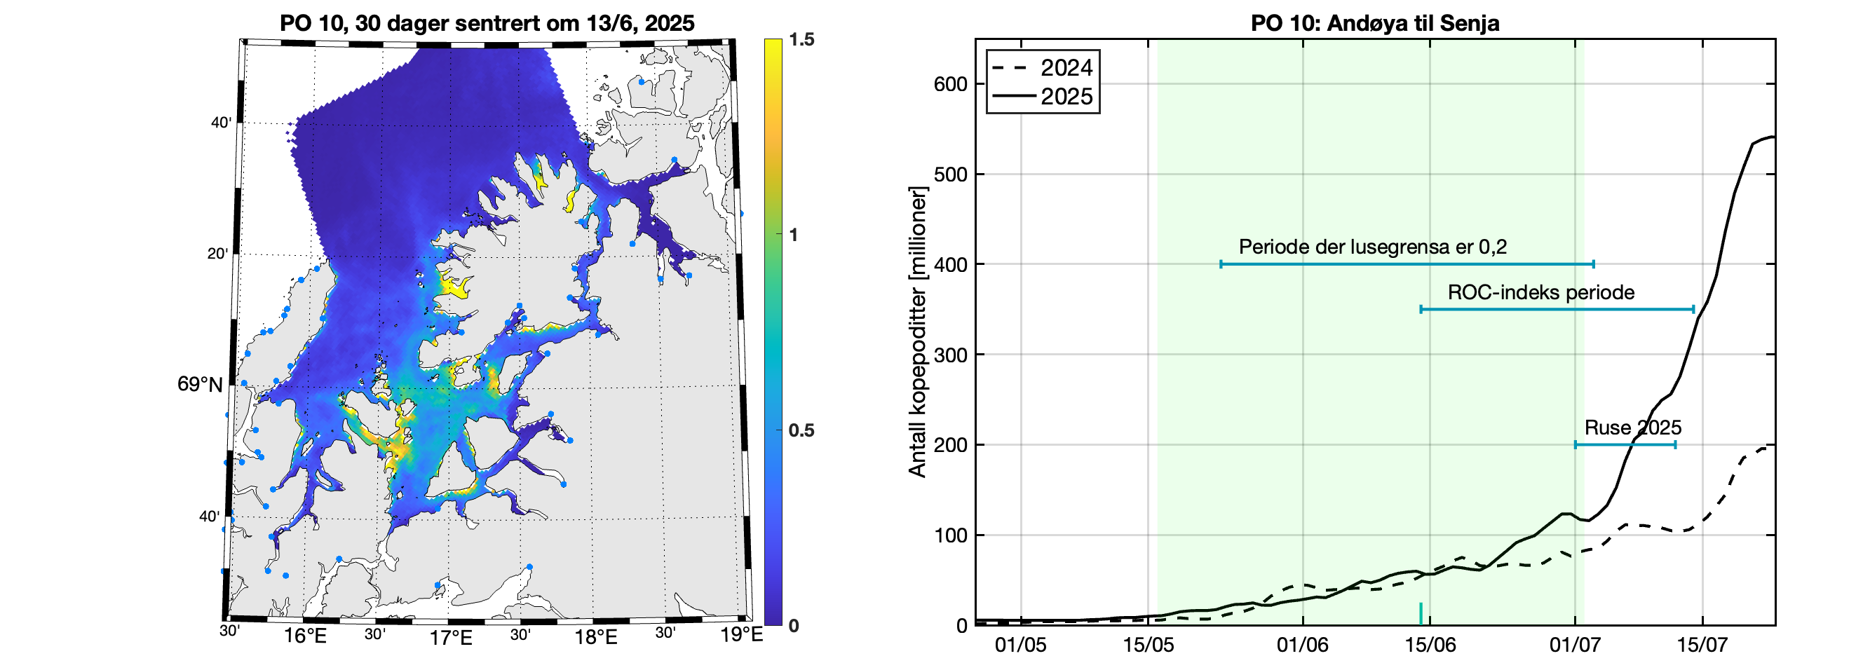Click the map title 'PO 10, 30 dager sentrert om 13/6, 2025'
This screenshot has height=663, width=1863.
pos(487,23)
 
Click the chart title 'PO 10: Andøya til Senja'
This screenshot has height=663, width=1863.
pos(1375,23)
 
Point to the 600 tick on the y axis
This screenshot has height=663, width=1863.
pos(950,85)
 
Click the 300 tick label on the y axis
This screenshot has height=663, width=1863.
pos(950,355)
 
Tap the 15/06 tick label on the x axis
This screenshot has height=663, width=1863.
pos(1430,645)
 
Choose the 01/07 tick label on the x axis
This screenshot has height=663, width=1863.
pos(1574,645)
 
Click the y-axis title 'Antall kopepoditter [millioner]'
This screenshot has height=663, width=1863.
pos(917,332)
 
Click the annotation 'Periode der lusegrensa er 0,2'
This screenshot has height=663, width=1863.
pos(1373,247)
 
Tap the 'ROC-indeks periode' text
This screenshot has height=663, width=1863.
pos(1540,293)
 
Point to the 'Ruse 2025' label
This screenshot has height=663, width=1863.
pos(1632,428)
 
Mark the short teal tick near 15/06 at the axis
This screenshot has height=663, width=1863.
pos(1421,614)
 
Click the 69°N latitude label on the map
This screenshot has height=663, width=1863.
pos(200,385)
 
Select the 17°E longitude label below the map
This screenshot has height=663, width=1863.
pos(451,638)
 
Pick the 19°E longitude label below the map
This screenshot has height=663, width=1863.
pos(740,636)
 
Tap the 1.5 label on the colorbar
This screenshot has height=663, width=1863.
pos(801,40)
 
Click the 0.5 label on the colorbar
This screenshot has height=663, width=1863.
pos(801,431)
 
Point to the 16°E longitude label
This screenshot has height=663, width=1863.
pos(304,637)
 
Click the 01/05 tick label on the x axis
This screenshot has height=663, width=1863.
pos(1020,645)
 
